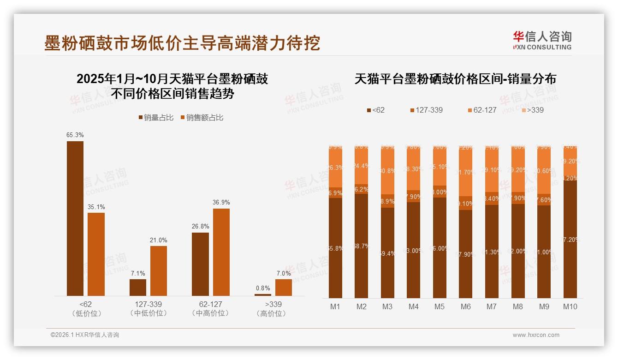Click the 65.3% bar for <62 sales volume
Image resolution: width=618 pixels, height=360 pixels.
(75, 218)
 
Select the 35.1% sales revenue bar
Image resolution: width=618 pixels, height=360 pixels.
(96, 254)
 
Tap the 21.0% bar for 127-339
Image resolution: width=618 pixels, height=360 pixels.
(159, 270)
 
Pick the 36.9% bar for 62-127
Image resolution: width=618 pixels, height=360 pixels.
(221, 252)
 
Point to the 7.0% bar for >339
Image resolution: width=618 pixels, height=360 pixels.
(284, 287)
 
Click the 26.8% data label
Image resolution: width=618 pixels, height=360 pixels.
(200, 227)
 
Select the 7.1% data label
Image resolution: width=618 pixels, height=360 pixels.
(138, 273)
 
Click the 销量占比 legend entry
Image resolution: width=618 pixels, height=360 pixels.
(155, 118)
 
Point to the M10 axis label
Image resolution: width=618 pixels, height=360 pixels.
(570, 306)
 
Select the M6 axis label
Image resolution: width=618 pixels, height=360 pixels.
(466, 306)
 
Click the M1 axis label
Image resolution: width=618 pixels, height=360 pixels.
(335, 306)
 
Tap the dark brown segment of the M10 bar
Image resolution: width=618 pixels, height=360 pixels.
(570, 239)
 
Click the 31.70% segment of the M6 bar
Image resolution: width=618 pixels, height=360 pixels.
(466, 173)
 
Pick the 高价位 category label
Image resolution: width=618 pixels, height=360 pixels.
(271, 313)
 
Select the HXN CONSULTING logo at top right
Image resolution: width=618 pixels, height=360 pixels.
(542, 40)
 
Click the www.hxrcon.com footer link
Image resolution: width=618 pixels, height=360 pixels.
(536, 335)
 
